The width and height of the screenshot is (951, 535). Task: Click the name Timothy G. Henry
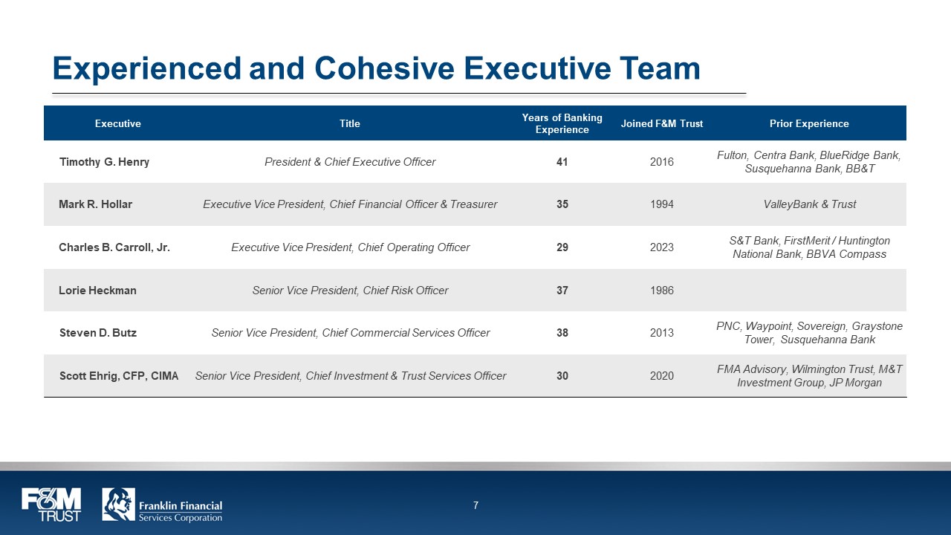[x=104, y=162]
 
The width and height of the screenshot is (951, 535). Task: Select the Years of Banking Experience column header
[x=562, y=123]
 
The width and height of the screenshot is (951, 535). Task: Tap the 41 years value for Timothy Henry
[x=562, y=162]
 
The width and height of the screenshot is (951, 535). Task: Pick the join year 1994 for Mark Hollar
[x=661, y=204]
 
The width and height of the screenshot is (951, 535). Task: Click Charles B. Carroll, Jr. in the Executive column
[x=114, y=247]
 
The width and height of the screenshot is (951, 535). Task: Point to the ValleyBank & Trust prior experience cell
[x=809, y=204]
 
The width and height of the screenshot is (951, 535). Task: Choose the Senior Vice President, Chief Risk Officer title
[x=350, y=291]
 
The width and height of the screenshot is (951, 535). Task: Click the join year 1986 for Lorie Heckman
[x=661, y=291]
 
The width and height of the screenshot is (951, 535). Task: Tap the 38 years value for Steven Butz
[x=562, y=333]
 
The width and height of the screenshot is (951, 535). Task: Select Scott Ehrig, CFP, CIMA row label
[x=119, y=376]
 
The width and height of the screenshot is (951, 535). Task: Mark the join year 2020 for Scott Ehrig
[x=661, y=376]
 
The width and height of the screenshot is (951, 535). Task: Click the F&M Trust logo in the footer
[x=51, y=505]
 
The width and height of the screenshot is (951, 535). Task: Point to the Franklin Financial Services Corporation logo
[x=162, y=505]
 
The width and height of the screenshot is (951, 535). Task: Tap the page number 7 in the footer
[x=475, y=506]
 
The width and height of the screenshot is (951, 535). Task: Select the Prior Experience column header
[x=809, y=123]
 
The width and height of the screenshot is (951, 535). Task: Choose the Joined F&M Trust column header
[x=661, y=123]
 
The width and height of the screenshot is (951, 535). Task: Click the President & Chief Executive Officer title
[x=350, y=162]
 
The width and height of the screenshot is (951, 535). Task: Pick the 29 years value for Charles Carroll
[x=562, y=247]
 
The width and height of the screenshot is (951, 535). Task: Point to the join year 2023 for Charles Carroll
[x=661, y=247]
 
